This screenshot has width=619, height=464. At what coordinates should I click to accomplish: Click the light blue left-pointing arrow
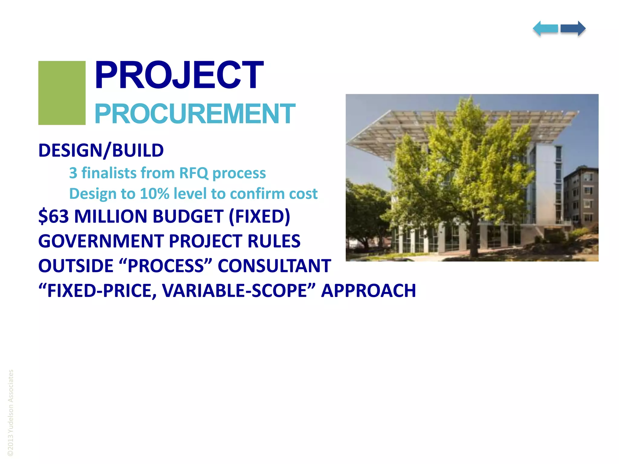(x=545, y=29)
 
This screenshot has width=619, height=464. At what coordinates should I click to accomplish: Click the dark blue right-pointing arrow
(x=573, y=29)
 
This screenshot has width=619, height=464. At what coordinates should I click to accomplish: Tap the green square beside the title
(x=62, y=93)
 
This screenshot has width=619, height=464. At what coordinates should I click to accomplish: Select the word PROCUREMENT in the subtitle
(x=195, y=114)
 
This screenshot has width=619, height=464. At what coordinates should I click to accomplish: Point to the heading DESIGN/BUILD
(x=101, y=150)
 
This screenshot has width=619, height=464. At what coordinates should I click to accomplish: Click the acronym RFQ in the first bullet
(x=193, y=173)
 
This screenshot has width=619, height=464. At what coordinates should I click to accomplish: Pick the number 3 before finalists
(x=73, y=173)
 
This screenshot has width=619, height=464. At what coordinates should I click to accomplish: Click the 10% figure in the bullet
(x=154, y=194)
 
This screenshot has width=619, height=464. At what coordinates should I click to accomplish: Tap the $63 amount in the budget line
(x=53, y=216)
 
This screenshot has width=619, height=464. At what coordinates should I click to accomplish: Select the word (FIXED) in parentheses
(x=259, y=216)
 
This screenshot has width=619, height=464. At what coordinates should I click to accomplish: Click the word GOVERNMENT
(x=100, y=241)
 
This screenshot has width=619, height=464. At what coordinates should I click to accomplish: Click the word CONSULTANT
(x=274, y=266)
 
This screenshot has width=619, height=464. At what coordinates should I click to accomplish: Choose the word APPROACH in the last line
(x=368, y=291)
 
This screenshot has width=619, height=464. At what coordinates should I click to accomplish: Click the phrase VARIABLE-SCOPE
(x=234, y=291)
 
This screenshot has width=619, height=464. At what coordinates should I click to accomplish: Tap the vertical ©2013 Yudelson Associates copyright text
(x=11, y=413)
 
